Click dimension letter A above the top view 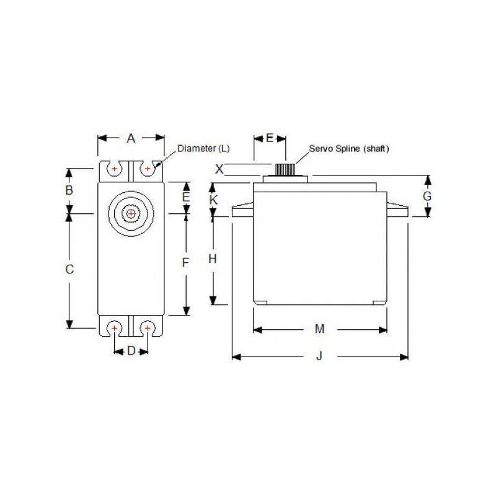pyautogui.click(x=131, y=138)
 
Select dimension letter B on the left pyautogui.click(x=70, y=190)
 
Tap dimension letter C pyautogui.click(x=70, y=269)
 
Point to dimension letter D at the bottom pyautogui.click(x=131, y=352)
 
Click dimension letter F pyautogui.click(x=185, y=262)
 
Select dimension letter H pyautogui.click(x=213, y=259)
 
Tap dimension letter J pyautogui.click(x=319, y=356)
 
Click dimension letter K pyautogui.click(x=213, y=200)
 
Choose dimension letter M pyautogui.click(x=319, y=329)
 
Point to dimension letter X pyautogui.click(x=218, y=168)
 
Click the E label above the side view pyautogui.click(x=270, y=138)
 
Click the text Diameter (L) pyautogui.click(x=203, y=149)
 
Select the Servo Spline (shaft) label pyautogui.click(x=349, y=149)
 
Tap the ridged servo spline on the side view pyautogui.click(x=285, y=169)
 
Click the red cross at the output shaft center pyautogui.click(x=131, y=213)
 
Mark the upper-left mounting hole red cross pyautogui.click(x=115, y=167)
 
